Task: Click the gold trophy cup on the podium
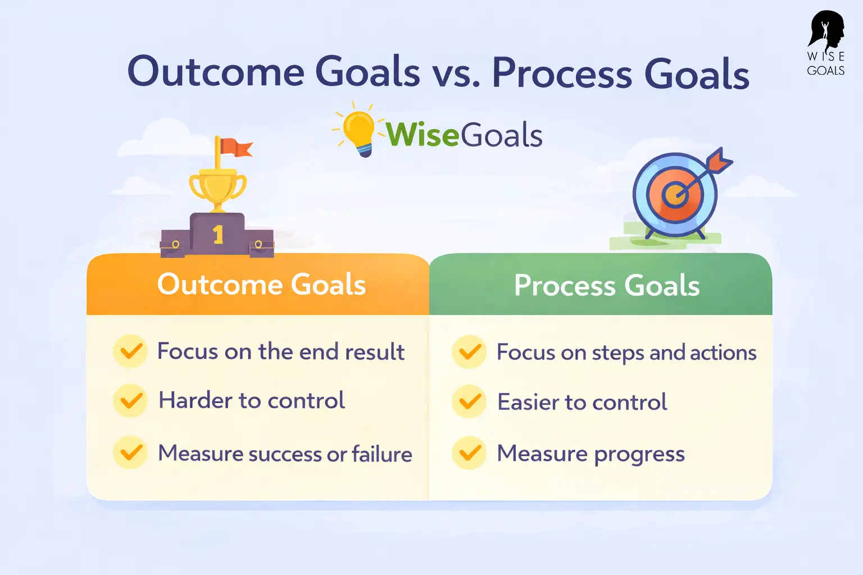[217, 186]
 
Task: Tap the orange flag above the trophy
[236, 148]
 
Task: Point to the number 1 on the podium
[218, 234]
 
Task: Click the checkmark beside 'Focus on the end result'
[131, 352]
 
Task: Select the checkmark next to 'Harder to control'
[131, 401]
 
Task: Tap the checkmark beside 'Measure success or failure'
[131, 453]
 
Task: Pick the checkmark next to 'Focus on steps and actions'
[469, 352]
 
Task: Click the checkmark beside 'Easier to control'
[469, 401]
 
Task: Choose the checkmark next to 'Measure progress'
[469, 453]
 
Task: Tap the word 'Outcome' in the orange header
[219, 284]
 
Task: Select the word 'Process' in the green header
[565, 285]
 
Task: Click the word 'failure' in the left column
[382, 454]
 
